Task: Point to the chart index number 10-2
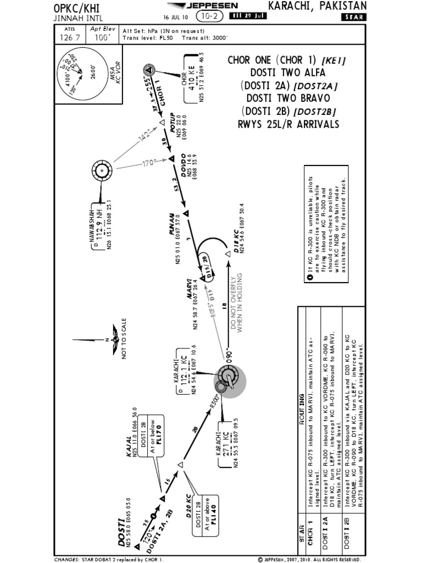coord(207,16)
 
